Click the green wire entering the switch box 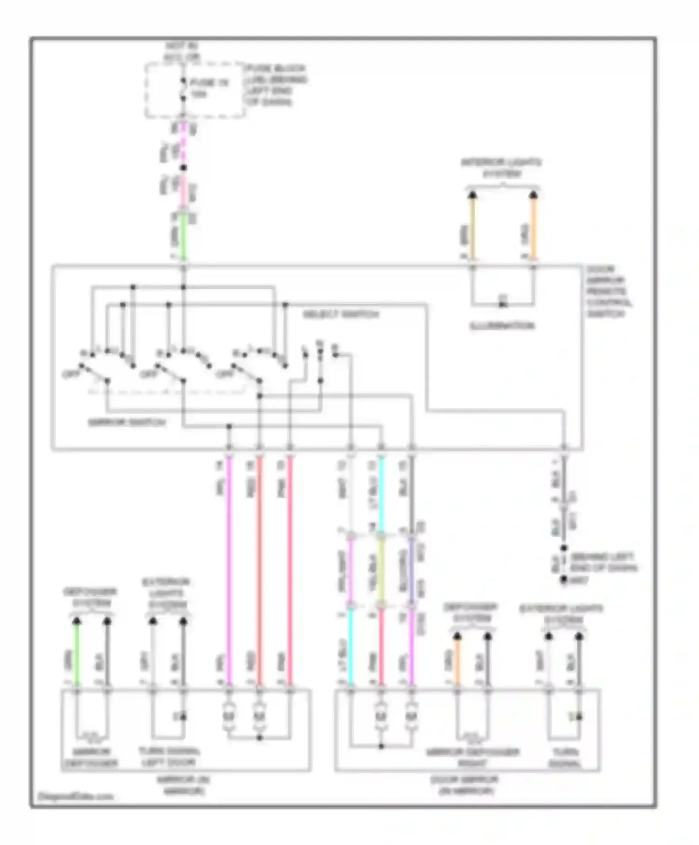(183, 240)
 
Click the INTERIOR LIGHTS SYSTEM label (502, 168)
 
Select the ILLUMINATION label (502, 326)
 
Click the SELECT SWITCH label (341, 314)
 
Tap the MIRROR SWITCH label (127, 422)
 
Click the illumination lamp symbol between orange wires (502, 305)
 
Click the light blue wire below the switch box (381, 494)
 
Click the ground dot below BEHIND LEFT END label (564, 579)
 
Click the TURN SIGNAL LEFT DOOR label (169, 756)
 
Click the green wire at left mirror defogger (77, 657)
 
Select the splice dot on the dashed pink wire (183, 168)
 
